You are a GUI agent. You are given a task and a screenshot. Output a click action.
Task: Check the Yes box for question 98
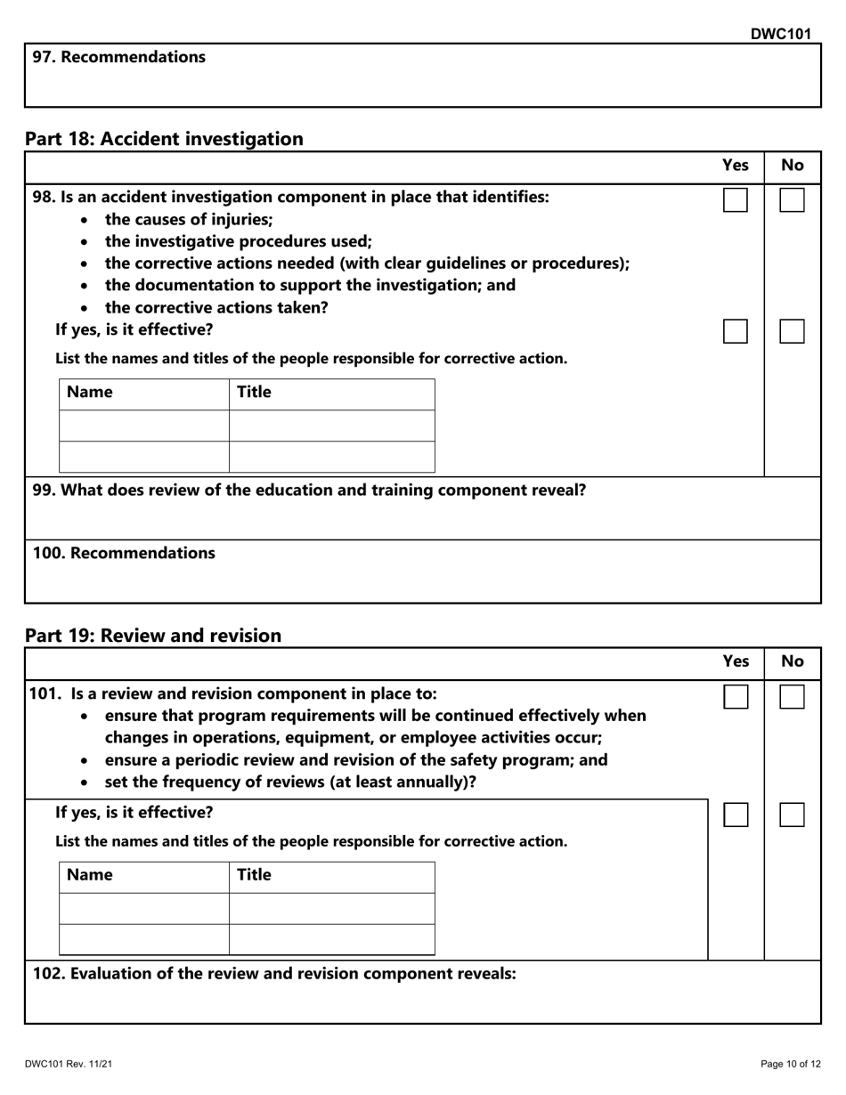(735, 200)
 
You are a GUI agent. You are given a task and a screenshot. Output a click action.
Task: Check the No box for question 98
(792, 200)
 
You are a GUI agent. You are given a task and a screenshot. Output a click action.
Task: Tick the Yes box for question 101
(735, 697)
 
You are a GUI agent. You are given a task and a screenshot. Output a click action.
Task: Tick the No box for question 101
(792, 697)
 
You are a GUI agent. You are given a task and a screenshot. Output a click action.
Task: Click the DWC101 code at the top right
(780, 34)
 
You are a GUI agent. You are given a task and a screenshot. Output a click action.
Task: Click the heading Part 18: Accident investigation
(164, 139)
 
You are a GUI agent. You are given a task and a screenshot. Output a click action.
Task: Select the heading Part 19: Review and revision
(153, 636)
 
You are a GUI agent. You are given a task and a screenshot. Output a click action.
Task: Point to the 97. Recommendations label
(119, 57)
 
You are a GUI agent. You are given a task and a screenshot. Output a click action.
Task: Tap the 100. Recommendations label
(124, 553)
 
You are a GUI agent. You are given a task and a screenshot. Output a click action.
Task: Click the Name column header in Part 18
(90, 393)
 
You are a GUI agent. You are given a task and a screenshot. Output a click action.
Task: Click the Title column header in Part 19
(254, 875)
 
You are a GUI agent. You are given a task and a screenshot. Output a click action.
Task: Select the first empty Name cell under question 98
(144, 426)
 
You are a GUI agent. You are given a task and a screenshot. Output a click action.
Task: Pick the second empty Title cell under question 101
(331, 939)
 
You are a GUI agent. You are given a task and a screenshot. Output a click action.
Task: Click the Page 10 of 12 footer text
(790, 1064)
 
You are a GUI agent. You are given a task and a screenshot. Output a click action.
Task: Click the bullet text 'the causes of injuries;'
(189, 219)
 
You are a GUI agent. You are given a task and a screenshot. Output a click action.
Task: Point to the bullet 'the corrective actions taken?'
(216, 308)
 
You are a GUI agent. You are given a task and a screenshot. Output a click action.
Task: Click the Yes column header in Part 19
(735, 661)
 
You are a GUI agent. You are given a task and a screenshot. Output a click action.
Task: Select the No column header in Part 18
(792, 165)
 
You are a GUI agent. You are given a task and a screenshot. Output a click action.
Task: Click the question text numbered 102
(274, 974)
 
